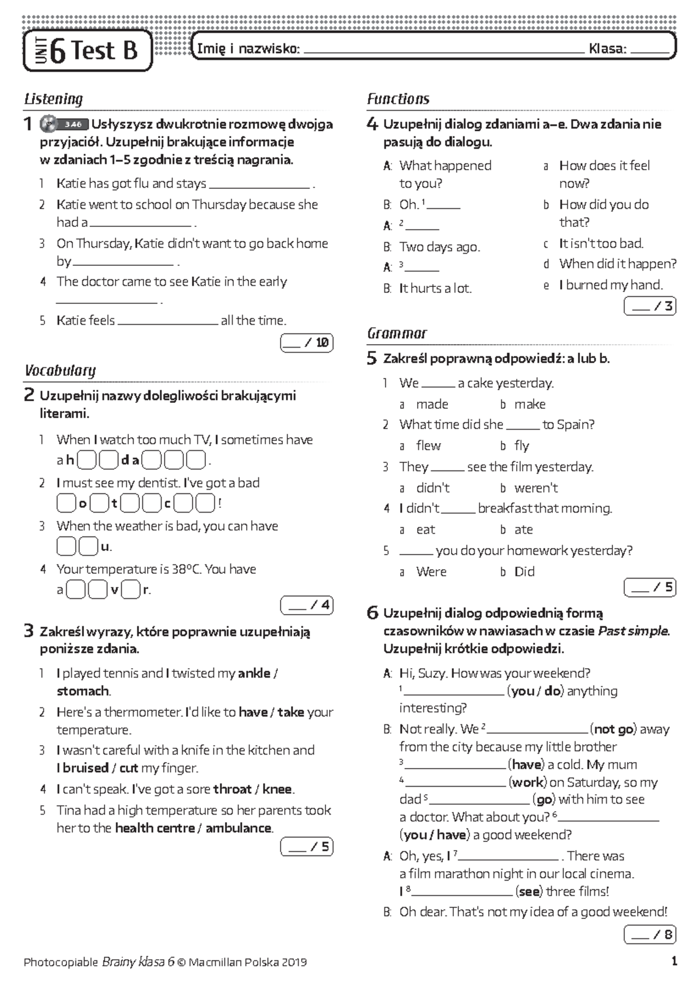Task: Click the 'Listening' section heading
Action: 53,99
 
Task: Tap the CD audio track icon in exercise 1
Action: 48,124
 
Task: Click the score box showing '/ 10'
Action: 307,343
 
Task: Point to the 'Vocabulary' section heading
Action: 60,371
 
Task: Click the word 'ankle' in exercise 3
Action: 254,674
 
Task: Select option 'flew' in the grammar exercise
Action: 428,446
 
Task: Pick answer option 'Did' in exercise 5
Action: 524,572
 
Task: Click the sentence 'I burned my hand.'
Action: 611,285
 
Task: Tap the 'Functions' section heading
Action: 398,99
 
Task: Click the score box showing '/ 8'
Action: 650,935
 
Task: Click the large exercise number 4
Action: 372,124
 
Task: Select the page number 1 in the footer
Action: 674,962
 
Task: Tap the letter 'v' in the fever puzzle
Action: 114,590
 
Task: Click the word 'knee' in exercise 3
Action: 277,790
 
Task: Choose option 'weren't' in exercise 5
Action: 535,488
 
